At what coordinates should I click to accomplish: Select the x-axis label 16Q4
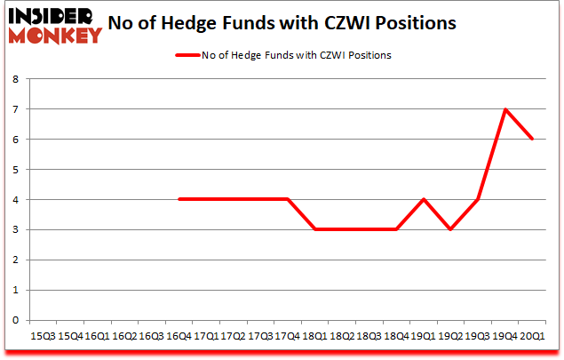(179, 336)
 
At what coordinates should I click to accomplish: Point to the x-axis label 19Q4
(506, 336)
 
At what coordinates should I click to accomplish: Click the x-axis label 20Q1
(533, 336)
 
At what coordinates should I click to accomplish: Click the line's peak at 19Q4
(505, 109)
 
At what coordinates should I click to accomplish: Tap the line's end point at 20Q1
(533, 139)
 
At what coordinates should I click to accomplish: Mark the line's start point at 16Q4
(179, 199)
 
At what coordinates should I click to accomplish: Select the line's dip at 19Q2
(451, 229)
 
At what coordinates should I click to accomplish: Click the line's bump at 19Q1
(424, 199)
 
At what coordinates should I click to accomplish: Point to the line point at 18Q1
(315, 229)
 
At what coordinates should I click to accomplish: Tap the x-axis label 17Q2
(234, 336)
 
